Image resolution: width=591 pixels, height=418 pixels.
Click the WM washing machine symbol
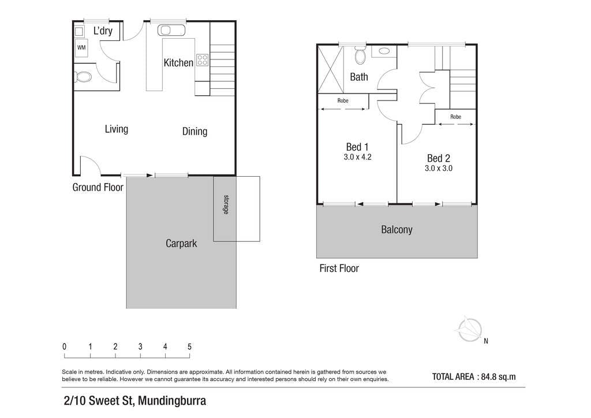[81, 47]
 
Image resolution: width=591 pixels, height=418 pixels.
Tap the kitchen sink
[171, 30]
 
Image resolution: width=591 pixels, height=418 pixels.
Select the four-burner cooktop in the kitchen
[203, 60]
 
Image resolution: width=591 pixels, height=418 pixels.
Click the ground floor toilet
[83, 77]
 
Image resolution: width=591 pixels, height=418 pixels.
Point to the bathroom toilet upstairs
[360, 55]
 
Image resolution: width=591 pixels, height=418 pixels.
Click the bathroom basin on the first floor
[384, 51]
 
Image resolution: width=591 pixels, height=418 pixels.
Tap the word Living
[117, 129]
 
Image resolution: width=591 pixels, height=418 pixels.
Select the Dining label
[194, 131]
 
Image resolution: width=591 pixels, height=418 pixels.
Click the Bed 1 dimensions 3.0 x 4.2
[357, 157]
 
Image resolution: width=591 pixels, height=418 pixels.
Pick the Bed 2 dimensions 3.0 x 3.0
[439, 169]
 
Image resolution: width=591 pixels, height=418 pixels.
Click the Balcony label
[397, 230]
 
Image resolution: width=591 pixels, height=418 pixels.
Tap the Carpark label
[181, 244]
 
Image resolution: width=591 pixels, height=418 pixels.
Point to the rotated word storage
[226, 204]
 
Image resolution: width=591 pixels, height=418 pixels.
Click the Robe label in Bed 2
[456, 117]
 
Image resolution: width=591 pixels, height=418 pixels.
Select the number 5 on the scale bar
[189, 346]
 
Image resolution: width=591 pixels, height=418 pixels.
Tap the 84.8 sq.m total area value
[498, 376]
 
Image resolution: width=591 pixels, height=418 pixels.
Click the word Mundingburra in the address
[172, 400]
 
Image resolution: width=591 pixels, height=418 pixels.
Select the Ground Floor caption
[98, 187]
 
